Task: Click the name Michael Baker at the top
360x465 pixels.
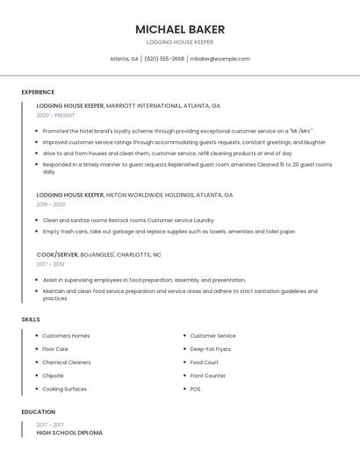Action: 180,29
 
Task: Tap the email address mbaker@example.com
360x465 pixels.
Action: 220,59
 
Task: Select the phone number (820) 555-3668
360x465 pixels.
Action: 164,59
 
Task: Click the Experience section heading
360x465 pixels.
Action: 38,92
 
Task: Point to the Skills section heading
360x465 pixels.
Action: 31,319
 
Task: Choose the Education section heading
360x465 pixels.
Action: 39,411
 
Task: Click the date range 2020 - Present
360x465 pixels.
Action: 57,115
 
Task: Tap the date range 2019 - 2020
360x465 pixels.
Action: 51,204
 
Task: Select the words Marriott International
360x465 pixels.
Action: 143,105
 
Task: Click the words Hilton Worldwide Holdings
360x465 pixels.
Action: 149,195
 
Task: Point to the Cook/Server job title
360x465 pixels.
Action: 57,254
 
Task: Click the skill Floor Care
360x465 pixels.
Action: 55,348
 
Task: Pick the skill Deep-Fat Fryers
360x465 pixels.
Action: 210,348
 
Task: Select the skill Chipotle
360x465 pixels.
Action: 53,376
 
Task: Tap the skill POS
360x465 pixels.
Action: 195,389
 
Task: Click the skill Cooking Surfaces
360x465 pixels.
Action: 64,389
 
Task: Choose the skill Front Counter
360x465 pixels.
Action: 208,376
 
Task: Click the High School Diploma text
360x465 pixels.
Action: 69,433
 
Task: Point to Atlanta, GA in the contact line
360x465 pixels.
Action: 124,59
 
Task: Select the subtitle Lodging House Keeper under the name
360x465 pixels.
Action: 180,42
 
